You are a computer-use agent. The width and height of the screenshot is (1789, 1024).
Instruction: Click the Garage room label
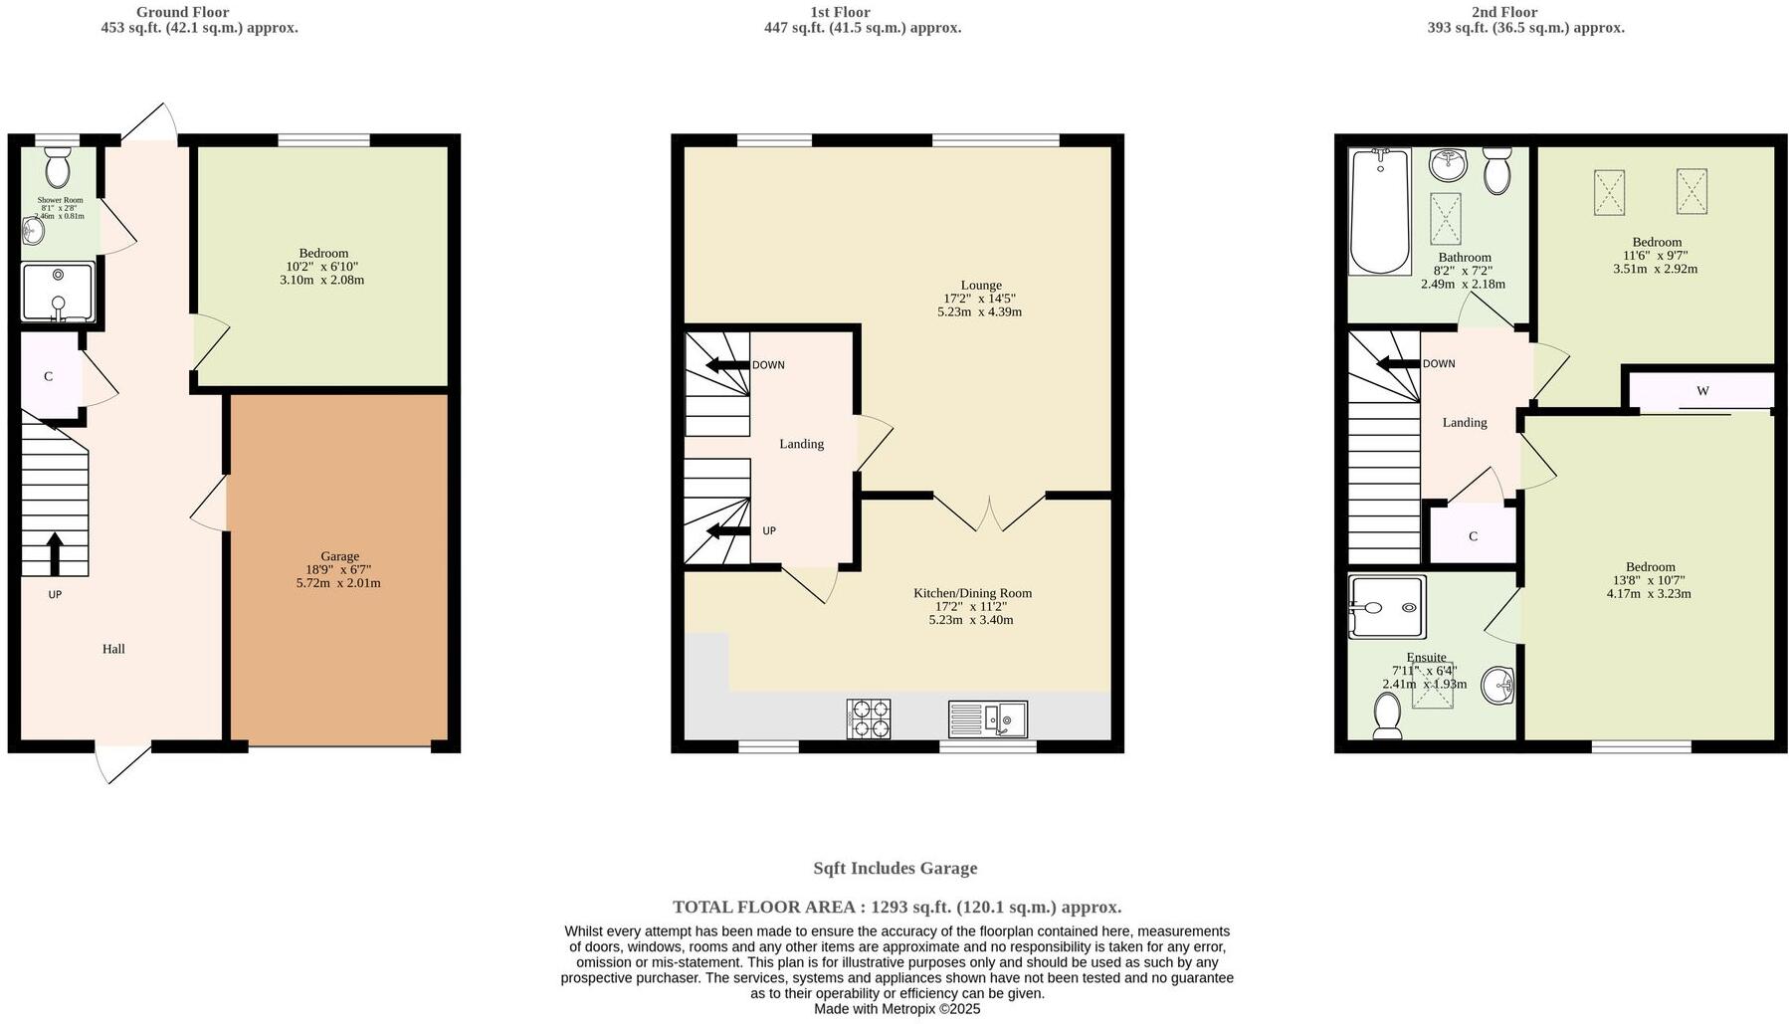339,556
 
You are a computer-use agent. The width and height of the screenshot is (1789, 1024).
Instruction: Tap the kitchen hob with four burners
869,718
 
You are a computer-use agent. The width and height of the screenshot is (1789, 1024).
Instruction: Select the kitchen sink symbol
987,718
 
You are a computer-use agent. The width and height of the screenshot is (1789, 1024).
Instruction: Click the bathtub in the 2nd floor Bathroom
1379,211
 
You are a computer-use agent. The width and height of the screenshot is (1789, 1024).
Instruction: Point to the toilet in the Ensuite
1387,716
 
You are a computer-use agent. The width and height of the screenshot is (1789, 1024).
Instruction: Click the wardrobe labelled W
1702,391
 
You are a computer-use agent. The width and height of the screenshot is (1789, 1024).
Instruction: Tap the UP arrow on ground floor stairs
55,554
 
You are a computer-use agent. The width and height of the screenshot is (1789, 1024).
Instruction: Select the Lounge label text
980,286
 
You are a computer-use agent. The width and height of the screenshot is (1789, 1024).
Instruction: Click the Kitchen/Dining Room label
972,593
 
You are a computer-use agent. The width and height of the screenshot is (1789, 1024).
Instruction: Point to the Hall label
113,649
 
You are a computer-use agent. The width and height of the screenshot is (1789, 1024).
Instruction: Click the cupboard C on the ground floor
49,376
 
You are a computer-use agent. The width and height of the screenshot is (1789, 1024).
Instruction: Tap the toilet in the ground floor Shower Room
58,168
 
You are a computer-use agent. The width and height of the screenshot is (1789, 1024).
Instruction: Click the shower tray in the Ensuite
1387,607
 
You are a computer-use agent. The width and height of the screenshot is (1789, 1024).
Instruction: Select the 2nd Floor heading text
1503,12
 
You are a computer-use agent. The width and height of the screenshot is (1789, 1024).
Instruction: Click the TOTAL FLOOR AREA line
896,907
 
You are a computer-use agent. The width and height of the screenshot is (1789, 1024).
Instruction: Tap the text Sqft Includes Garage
894,868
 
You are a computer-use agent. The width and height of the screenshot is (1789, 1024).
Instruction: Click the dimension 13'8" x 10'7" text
1649,580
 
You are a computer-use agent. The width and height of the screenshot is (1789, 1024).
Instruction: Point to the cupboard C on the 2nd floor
1473,536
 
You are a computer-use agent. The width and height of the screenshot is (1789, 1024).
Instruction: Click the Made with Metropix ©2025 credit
896,1009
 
